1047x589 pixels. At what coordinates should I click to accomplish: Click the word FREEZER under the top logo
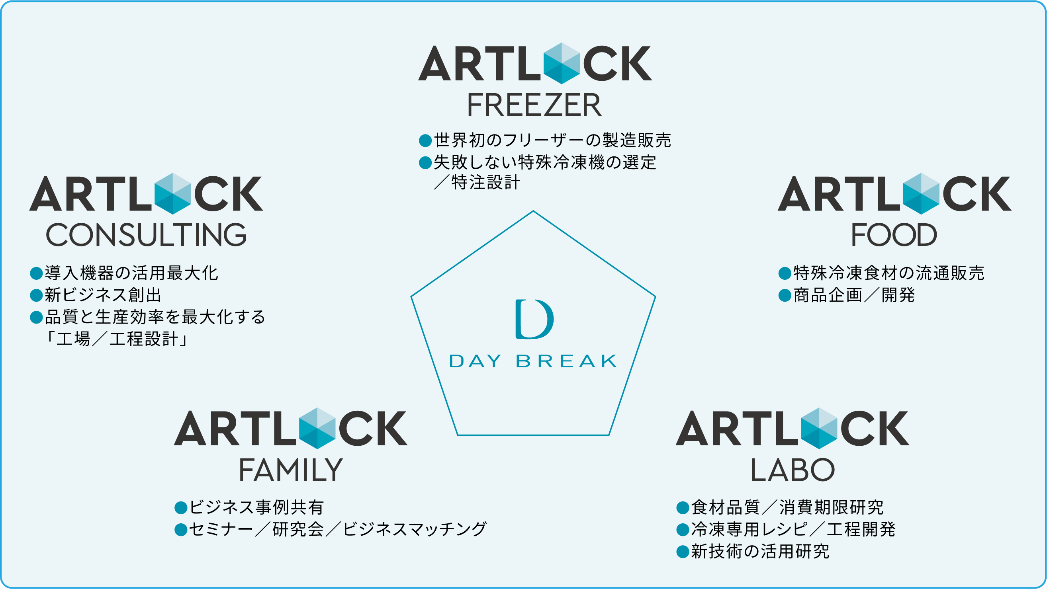(x=534, y=105)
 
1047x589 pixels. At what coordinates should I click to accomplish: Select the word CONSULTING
(x=146, y=235)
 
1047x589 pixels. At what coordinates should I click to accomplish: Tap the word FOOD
(x=894, y=235)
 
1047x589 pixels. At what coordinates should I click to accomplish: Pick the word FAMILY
(x=291, y=470)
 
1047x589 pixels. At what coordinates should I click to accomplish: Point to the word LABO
(x=792, y=470)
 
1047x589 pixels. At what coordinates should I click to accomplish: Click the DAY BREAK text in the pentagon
(x=533, y=361)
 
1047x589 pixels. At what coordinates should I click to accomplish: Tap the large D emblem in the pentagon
(x=534, y=319)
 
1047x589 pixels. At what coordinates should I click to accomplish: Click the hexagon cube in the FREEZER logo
(x=561, y=63)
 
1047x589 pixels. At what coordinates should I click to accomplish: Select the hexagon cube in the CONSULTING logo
(x=172, y=194)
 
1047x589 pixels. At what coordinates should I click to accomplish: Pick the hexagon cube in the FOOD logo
(x=921, y=194)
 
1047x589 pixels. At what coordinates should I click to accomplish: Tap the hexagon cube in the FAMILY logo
(x=317, y=428)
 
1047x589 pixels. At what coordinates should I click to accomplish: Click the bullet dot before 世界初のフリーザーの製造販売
(x=425, y=141)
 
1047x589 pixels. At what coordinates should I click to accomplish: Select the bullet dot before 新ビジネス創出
(x=36, y=295)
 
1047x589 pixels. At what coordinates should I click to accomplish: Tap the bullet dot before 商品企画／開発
(x=785, y=295)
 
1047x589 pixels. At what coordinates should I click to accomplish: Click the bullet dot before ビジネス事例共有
(x=180, y=507)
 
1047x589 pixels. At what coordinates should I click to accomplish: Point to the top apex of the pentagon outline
(x=533, y=211)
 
